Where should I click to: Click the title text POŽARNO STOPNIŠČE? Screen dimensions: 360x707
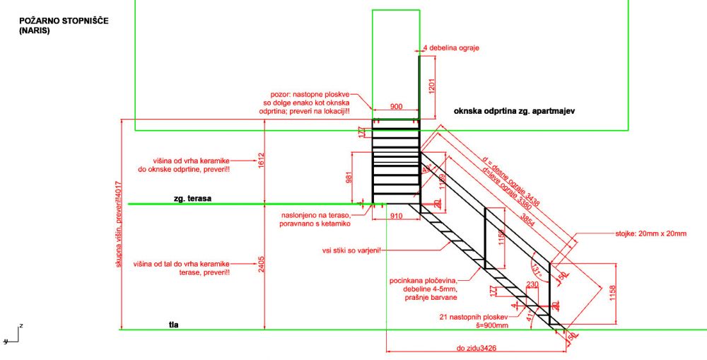click(64, 22)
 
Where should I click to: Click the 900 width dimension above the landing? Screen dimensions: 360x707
click(396, 106)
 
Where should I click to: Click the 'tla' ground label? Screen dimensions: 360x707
click(173, 325)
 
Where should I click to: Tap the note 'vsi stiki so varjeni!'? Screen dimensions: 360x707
click(351, 250)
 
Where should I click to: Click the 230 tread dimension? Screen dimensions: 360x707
click(532, 284)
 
